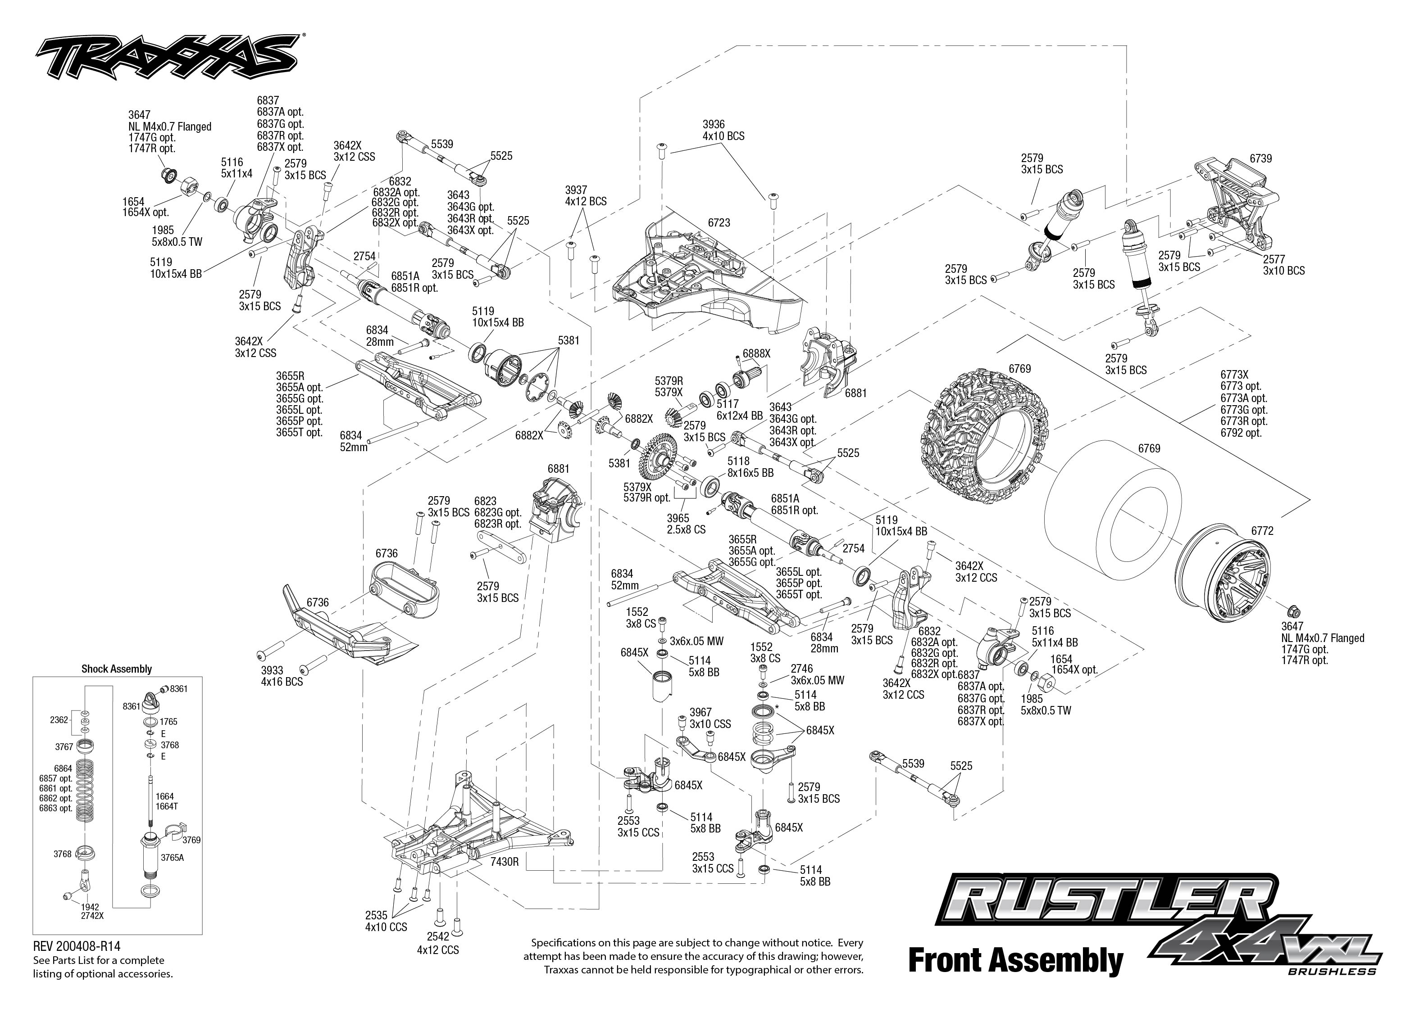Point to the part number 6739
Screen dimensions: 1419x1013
[1260, 158]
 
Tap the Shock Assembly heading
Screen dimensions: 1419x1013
[117, 669]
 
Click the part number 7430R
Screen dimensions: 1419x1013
[505, 861]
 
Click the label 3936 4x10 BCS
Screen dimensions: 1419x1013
[723, 131]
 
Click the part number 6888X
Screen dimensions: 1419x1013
[756, 353]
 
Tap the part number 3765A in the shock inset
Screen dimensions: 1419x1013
[172, 857]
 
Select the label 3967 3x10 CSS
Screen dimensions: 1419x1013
[710, 718]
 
